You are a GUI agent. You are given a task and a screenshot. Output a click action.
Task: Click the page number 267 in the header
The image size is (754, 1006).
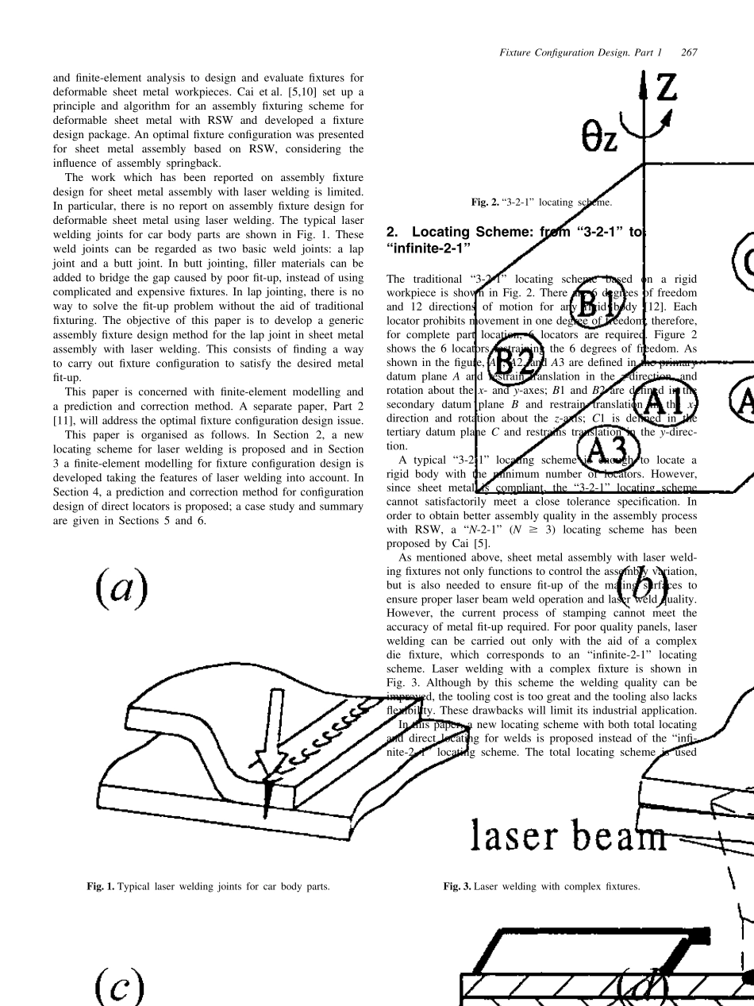click(x=689, y=52)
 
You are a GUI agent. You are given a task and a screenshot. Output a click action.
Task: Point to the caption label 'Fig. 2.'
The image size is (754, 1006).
click(x=484, y=202)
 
